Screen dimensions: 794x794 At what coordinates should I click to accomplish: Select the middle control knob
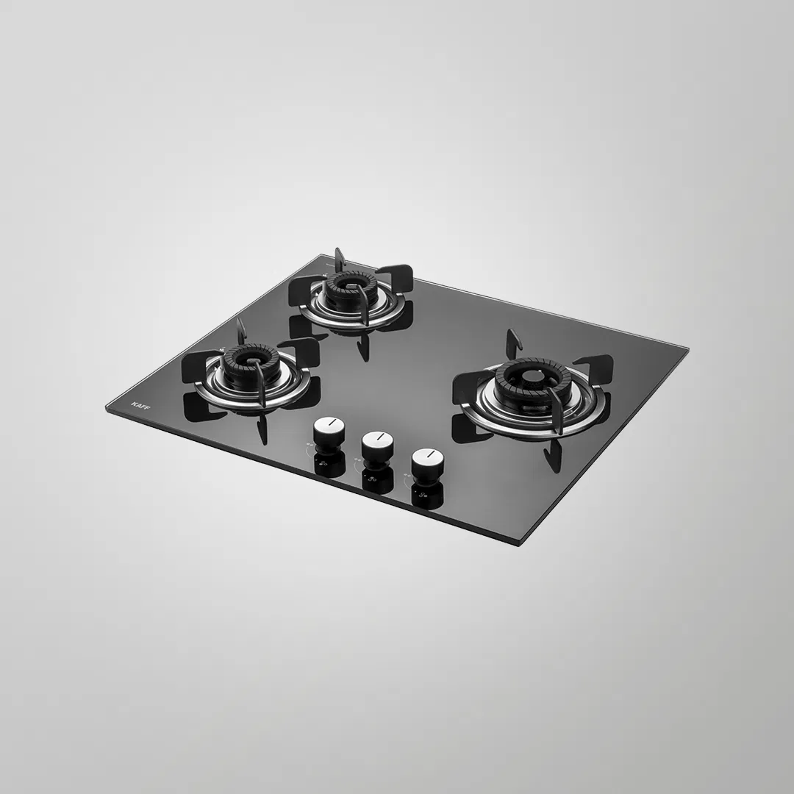pyautogui.click(x=376, y=443)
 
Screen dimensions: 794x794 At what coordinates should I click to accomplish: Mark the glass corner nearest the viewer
pyautogui.click(x=520, y=544)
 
